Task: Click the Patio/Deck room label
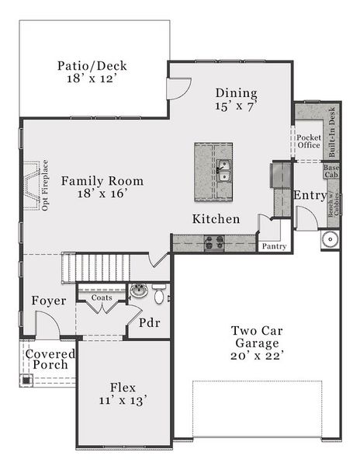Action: coord(92,66)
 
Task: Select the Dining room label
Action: coord(236,92)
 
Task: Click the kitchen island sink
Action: coord(223,170)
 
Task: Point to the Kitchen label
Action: coord(216,219)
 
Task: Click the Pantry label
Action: coord(274,246)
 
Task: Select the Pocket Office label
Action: coord(309,141)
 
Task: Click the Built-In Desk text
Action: coord(331,128)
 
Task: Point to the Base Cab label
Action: coord(331,171)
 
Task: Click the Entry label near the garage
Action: coord(310,196)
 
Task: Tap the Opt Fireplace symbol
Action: coord(31,186)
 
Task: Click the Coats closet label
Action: coord(101,297)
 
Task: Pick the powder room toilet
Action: coord(159,294)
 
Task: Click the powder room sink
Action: coord(139,291)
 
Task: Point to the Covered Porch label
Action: coord(50,359)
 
